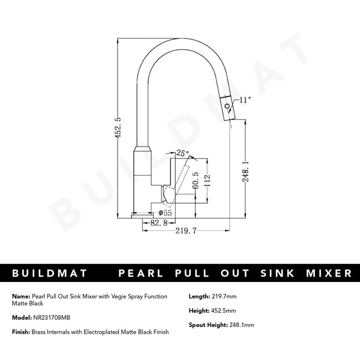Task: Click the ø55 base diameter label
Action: pos(164,212)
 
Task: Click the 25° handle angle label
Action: pos(182,154)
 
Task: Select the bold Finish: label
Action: pos(20,332)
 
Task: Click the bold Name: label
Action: pos(20,296)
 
